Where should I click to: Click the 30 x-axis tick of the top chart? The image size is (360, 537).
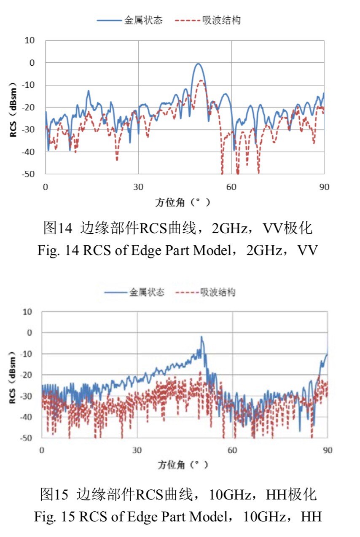pyautogui.click(x=138, y=187)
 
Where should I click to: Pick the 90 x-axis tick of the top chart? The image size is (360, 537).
pyautogui.click(x=324, y=187)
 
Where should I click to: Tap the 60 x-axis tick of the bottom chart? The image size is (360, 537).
pyautogui.click(x=232, y=450)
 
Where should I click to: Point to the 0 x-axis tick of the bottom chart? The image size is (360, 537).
pyautogui.click(x=42, y=450)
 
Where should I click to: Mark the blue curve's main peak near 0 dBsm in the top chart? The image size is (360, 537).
pyautogui.click(x=197, y=64)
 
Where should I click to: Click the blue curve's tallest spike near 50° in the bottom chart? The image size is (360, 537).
pyautogui.click(x=202, y=337)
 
